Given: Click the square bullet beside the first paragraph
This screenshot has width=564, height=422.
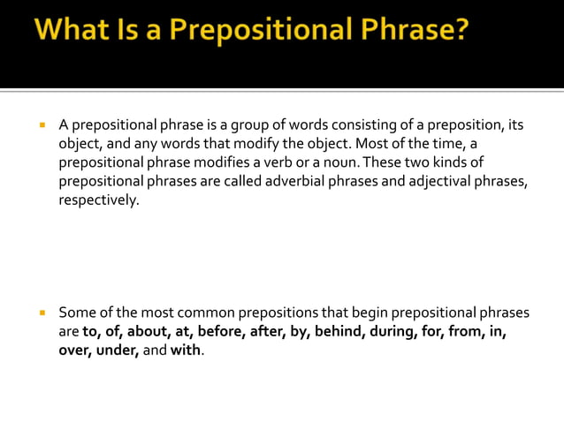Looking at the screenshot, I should pyautogui.click(x=41, y=125).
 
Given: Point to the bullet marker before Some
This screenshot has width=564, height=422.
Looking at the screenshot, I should pyautogui.click(x=41, y=313).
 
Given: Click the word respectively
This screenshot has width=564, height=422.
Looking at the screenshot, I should pyautogui.click(x=99, y=201).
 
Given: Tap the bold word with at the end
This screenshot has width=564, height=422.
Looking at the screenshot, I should pyautogui.click(x=187, y=350).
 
